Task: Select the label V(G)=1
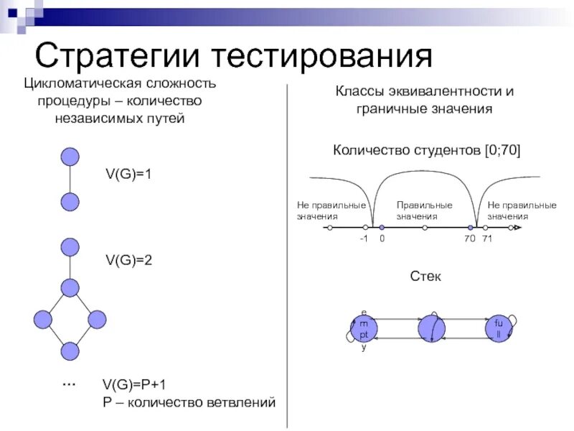pyautogui.click(x=129, y=175)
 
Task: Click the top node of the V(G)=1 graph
pyautogui.click(x=70, y=157)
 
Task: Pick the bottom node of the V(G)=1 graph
pyautogui.click(x=70, y=202)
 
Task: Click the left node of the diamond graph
pyautogui.click(x=42, y=320)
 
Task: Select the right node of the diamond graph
pyautogui.click(x=97, y=320)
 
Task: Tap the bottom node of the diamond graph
pyautogui.click(x=70, y=351)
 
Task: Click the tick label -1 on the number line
pyautogui.click(x=364, y=239)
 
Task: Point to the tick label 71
pyautogui.click(x=486, y=239)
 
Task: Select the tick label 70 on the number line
pyautogui.click(x=470, y=239)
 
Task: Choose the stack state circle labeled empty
pyautogui.click(x=364, y=328)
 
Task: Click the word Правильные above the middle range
pyautogui.click(x=424, y=205)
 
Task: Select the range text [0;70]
pyautogui.click(x=502, y=151)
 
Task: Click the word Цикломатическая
pyautogui.click(x=75, y=84)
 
